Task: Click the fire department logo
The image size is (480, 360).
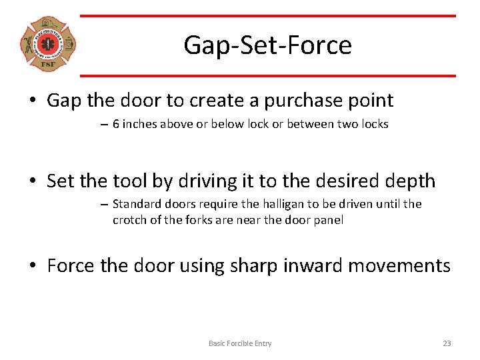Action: point(48,45)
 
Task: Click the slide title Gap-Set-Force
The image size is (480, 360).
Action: point(267,45)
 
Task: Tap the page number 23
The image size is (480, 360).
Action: point(447,343)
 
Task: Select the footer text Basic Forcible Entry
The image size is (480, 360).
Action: point(240,343)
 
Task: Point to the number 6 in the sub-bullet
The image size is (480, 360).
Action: point(116,124)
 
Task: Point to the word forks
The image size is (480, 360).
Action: point(209,220)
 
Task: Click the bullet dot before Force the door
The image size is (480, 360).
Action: point(33,267)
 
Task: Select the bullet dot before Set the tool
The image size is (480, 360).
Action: point(33,182)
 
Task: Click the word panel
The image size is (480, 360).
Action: point(329,220)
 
